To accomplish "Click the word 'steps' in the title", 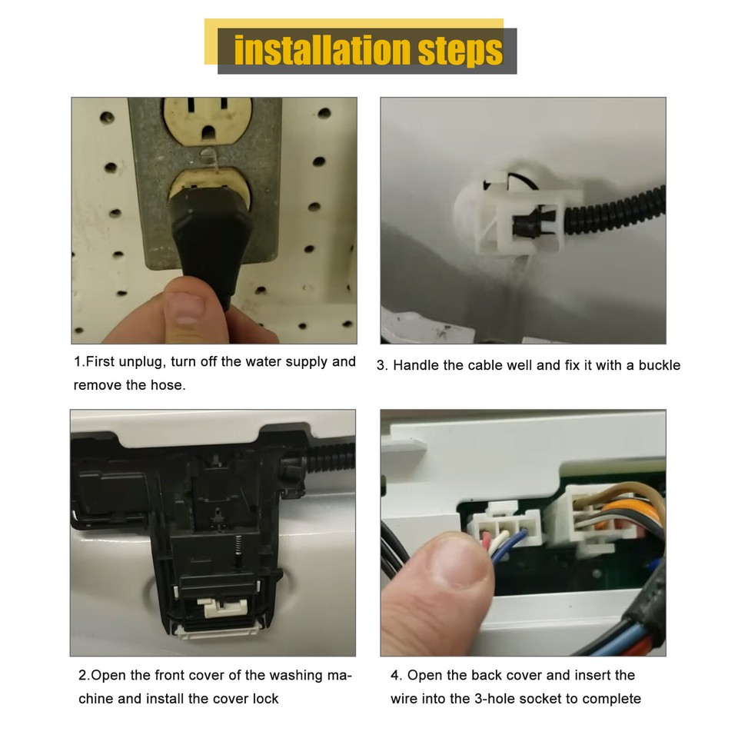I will (461, 50).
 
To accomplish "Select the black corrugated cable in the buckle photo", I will (615, 211).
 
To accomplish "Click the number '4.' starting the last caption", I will (396, 675).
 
